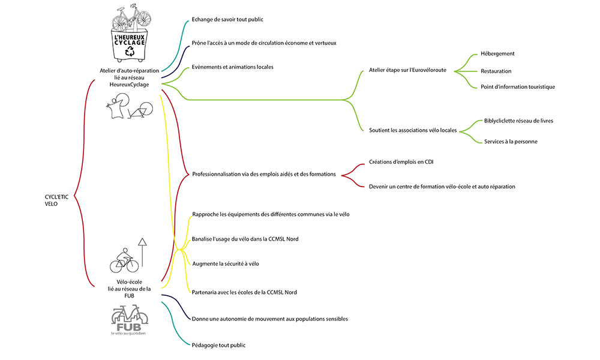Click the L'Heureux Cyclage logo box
(x=129, y=44)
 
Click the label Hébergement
(x=497, y=53)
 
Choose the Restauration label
(x=496, y=71)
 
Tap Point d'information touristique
(x=517, y=87)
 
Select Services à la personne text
(x=511, y=142)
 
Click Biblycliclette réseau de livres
(x=518, y=121)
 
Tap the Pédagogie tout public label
(x=218, y=345)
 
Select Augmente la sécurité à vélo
(x=226, y=263)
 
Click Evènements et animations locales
(x=232, y=67)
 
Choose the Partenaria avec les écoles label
(x=244, y=292)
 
